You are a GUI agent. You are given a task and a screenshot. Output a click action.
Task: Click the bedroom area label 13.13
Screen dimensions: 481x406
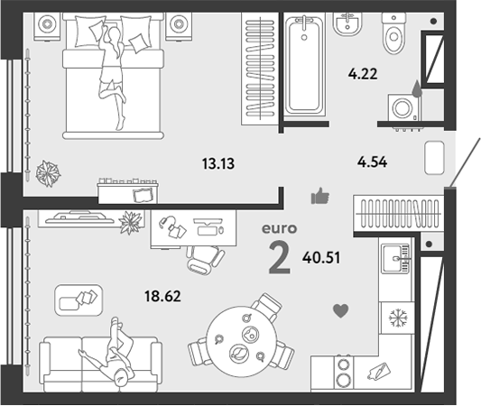218,163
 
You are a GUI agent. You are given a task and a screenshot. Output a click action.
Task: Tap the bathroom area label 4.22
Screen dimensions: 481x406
363,74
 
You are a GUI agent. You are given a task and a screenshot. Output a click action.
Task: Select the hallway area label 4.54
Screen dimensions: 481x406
372,161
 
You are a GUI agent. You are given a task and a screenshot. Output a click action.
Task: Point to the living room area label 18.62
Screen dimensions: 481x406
162,296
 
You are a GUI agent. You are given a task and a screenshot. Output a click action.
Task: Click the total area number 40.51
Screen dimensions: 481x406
321,257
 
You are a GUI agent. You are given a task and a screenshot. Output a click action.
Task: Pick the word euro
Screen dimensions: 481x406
279,229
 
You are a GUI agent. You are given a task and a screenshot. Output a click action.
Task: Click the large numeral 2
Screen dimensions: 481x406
279,257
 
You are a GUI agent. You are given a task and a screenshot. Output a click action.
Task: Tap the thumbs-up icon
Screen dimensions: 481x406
320,196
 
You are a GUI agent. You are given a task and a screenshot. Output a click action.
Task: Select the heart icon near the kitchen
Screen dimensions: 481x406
341,310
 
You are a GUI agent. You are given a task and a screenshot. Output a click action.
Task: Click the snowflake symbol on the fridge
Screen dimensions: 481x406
398,318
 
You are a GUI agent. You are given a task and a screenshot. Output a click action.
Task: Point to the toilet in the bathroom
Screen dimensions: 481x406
393,32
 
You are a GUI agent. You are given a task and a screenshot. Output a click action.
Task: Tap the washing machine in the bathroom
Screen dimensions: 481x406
404,108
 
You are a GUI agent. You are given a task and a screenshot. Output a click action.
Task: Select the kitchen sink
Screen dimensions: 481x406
396,259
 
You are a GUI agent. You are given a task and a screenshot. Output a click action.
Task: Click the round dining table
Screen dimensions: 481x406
242,341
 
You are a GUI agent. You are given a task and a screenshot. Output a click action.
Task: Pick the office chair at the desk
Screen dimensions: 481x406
205,260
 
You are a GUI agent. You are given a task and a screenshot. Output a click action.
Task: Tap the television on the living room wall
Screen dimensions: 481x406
79,217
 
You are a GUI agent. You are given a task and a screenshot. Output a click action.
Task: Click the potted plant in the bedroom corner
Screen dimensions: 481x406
48,173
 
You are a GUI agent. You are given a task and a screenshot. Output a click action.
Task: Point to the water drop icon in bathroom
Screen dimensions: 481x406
416,88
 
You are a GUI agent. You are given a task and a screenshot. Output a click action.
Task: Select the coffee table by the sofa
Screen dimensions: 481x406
79,300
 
